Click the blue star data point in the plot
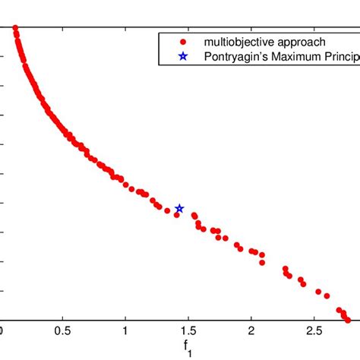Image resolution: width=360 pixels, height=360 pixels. pyautogui.click(x=179, y=208)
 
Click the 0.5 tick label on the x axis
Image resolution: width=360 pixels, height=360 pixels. pyautogui.click(x=63, y=333)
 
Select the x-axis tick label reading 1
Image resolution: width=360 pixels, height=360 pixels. pyautogui.click(x=125, y=333)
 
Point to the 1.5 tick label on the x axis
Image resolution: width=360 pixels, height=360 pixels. pyautogui.click(x=188, y=333)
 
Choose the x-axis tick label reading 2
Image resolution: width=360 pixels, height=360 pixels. pyautogui.click(x=251, y=333)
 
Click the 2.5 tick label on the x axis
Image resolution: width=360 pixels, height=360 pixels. pyautogui.click(x=314, y=333)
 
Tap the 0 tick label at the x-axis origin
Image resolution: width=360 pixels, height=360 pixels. pyautogui.click(x=2, y=333)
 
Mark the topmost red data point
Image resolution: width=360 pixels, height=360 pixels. pyautogui.click(x=15, y=29)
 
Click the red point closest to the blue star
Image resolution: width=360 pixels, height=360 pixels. pyautogui.click(x=176, y=215)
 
